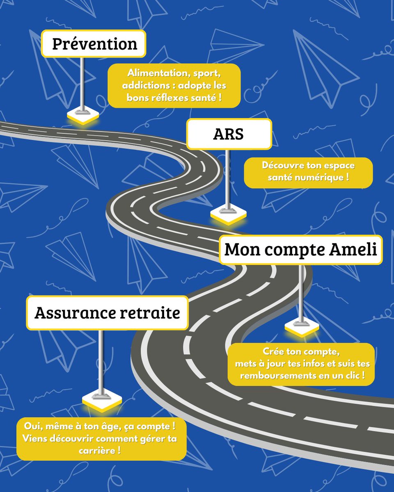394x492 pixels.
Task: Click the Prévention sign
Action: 94,43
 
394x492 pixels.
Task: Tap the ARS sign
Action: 229,134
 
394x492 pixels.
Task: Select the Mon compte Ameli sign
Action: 300,250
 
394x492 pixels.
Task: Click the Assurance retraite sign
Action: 107,313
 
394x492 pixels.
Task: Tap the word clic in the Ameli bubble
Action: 354,375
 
